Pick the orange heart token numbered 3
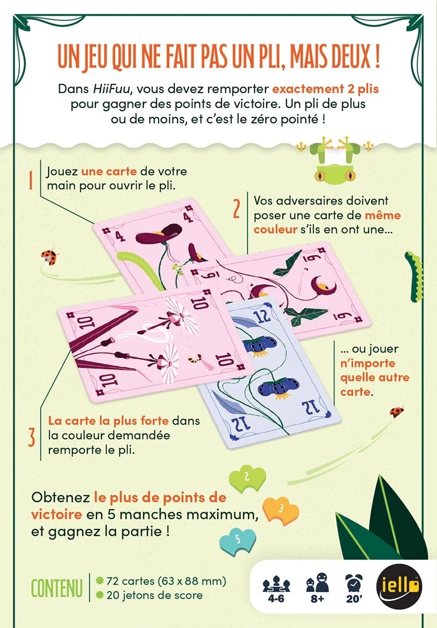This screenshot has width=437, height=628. pos(281,511)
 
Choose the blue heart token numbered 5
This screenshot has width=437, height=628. pos(238,542)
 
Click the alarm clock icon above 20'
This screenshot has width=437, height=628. pos(354,581)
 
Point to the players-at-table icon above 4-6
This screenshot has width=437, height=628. pos(276,583)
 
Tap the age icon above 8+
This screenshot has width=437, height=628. pos(317,582)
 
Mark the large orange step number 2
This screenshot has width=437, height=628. pos(237,208)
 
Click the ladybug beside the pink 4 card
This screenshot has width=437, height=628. pos(50,257)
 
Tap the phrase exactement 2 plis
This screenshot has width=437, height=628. pos(326,89)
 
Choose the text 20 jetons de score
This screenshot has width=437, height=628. pos(154,595)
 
